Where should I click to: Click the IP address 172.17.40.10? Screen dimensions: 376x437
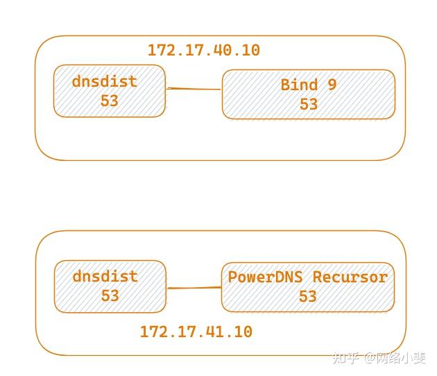click(x=203, y=50)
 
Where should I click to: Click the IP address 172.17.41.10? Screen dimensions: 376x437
click(x=196, y=332)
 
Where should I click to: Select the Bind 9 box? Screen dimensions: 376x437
click(x=309, y=94)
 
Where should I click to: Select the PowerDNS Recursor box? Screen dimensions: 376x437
click(x=308, y=287)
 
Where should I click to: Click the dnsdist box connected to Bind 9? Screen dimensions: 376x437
click(x=110, y=91)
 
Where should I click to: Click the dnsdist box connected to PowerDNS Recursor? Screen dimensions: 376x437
click(x=110, y=286)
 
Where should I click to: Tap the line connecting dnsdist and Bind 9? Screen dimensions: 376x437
click(x=194, y=89)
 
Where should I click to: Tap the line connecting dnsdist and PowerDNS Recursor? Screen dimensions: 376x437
click(x=194, y=287)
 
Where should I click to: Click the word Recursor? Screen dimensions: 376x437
click(x=350, y=277)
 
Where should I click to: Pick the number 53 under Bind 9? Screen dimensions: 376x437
click(x=309, y=104)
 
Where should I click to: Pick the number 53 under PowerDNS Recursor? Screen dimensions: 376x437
click(x=307, y=296)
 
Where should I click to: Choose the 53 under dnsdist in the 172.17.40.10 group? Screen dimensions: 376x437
click(x=110, y=101)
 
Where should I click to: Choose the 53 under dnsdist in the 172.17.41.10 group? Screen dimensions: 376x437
click(x=110, y=296)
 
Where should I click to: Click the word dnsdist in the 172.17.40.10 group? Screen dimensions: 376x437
click(x=105, y=81)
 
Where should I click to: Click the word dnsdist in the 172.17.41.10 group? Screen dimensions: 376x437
click(x=105, y=276)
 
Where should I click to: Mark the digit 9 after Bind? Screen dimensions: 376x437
click(x=332, y=85)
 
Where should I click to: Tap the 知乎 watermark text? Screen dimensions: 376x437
click(x=345, y=358)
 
